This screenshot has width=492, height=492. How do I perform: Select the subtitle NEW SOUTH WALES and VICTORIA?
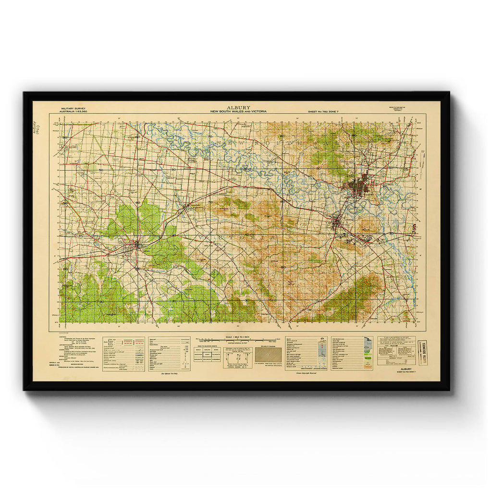click(x=238, y=111)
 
